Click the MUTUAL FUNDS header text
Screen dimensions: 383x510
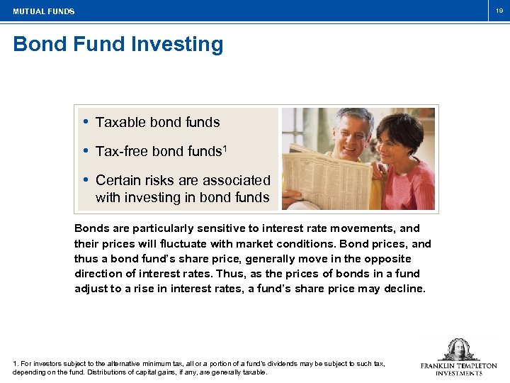point(43,11)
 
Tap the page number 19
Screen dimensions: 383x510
point(499,11)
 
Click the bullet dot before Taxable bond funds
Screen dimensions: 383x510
point(86,122)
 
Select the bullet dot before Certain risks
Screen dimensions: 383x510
point(86,180)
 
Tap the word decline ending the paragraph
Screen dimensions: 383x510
point(405,288)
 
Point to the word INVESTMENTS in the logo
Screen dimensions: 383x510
point(458,373)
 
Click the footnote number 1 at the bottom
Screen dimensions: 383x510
point(15,363)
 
